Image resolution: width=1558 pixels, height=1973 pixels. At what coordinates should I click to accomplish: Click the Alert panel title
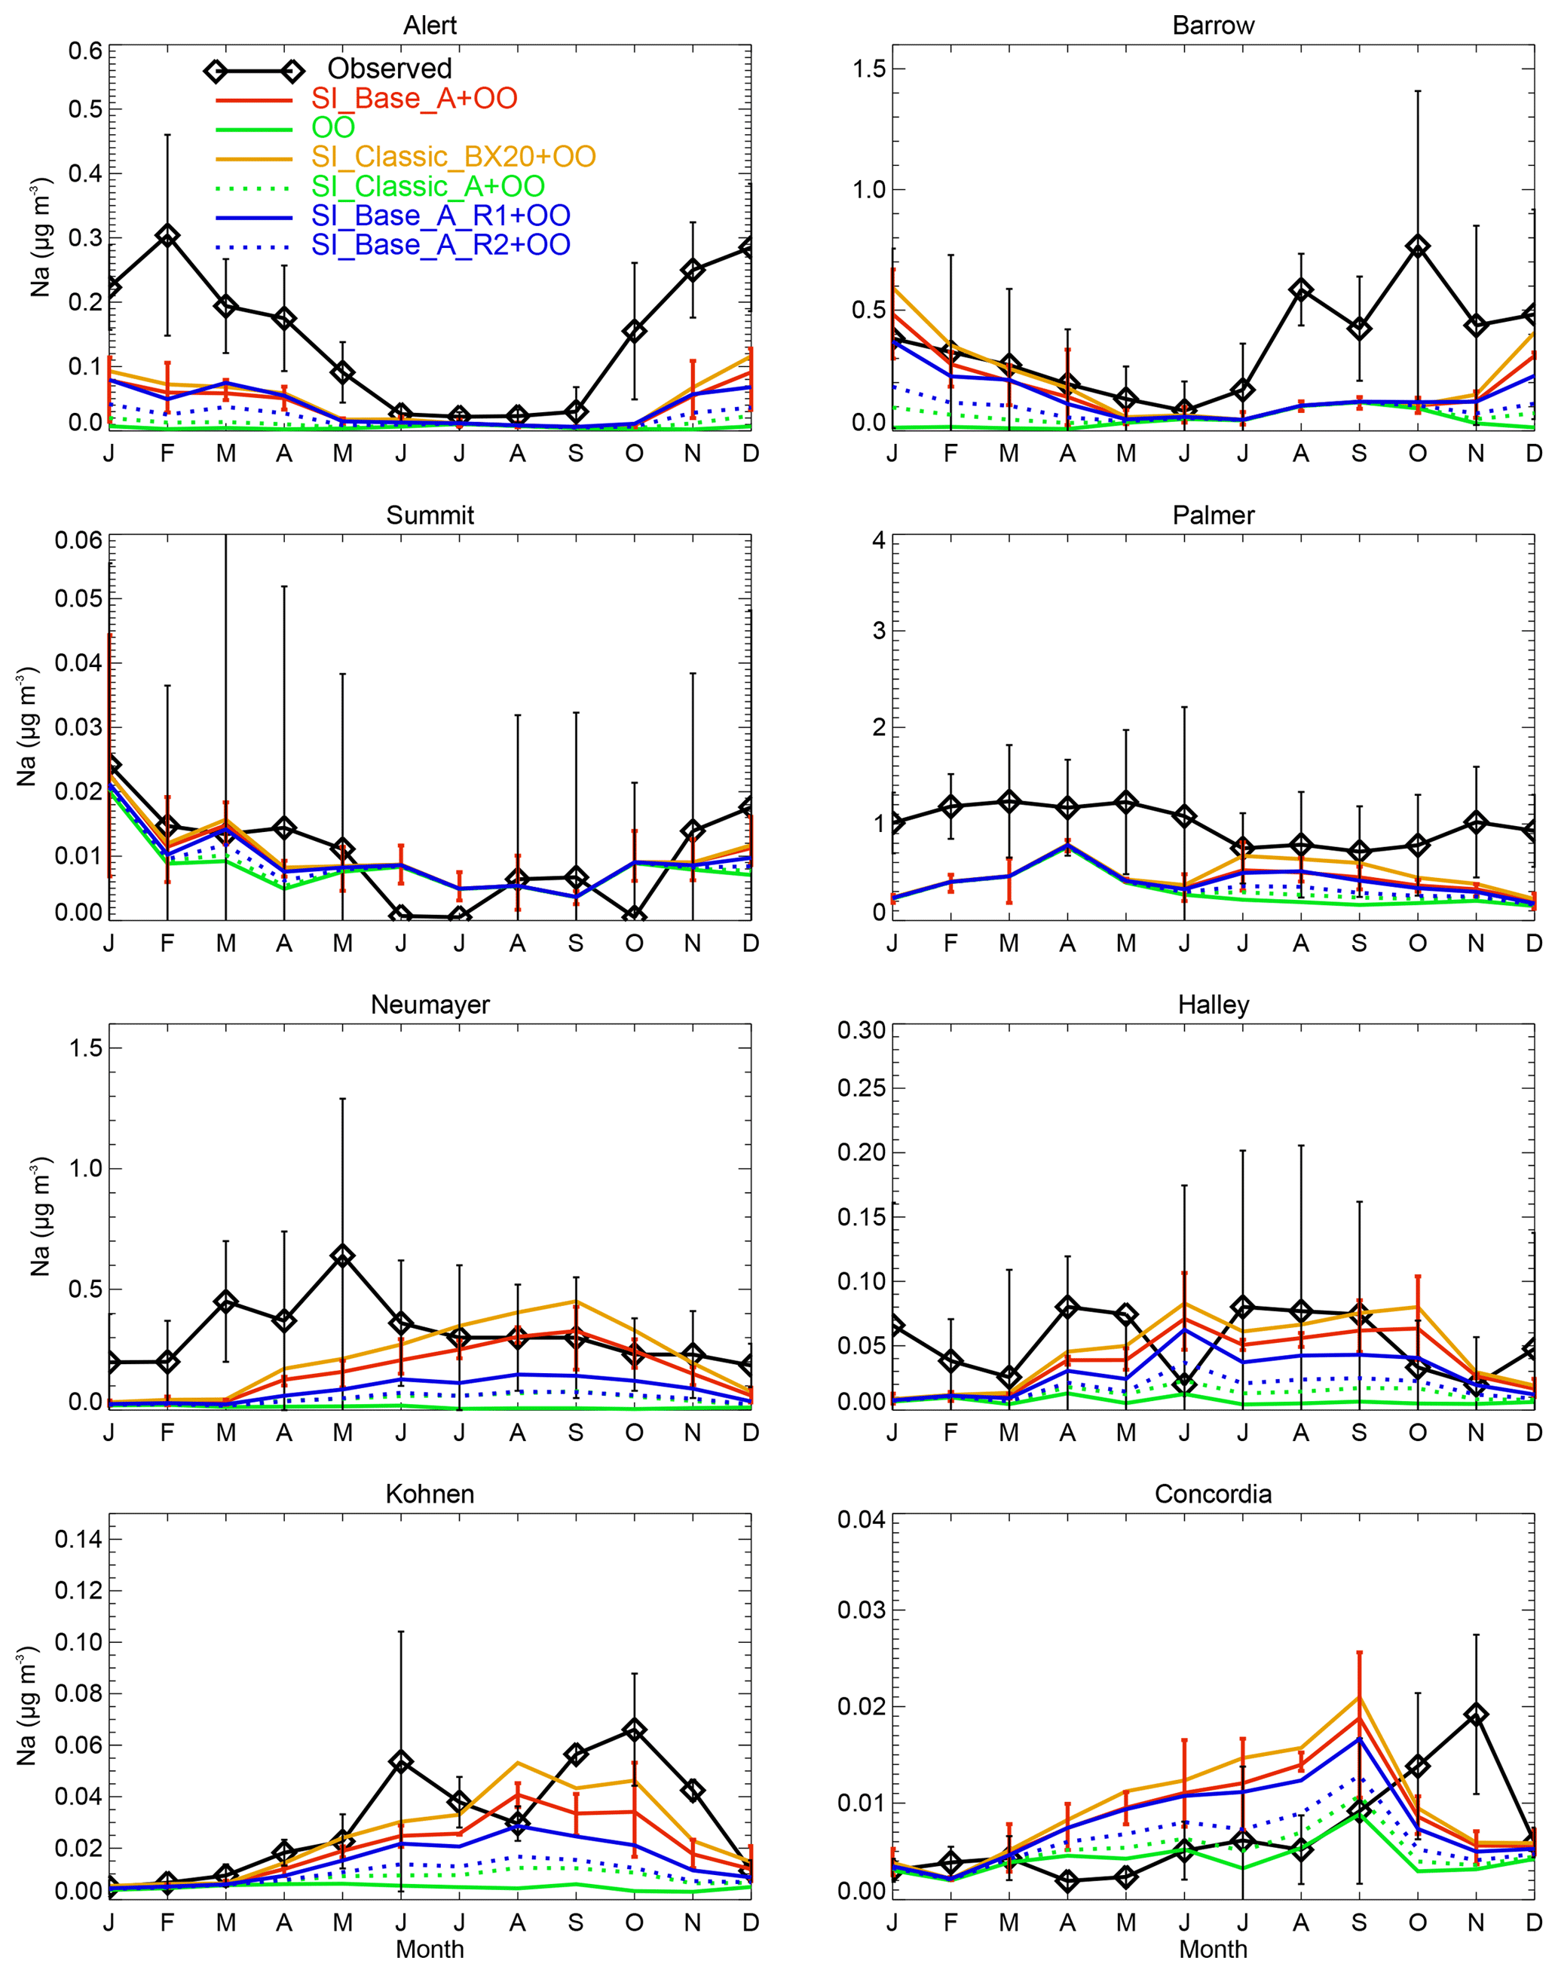click(x=430, y=26)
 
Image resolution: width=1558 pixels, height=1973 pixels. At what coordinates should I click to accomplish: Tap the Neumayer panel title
click(x=430, y=1005)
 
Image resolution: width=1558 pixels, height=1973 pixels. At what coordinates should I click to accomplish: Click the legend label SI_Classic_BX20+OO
click(x=453, y=156)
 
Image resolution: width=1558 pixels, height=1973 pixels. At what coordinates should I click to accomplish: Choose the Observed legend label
click(x=390, y=69)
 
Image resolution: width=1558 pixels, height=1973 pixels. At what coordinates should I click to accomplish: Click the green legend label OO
click(x=333, y=127)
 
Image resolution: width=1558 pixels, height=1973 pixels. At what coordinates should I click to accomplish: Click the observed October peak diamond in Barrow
click(x=1418, y=246)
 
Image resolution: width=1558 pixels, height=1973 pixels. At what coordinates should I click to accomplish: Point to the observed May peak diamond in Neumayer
click(x=342, y=1256)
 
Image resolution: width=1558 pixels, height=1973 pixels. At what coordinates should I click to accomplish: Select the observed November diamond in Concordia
click(x=1476, y=1715)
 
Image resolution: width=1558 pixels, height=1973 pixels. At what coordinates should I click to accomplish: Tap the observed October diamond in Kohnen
click(x=634, y=1730)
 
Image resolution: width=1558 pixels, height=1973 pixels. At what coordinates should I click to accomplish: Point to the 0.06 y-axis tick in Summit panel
click(x=78, y=540)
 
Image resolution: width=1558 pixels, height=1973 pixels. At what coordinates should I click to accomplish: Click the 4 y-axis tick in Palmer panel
click(x=877, y=540)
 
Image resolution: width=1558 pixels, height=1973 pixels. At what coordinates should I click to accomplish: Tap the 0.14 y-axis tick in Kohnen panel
click(x=78, y=1540)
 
